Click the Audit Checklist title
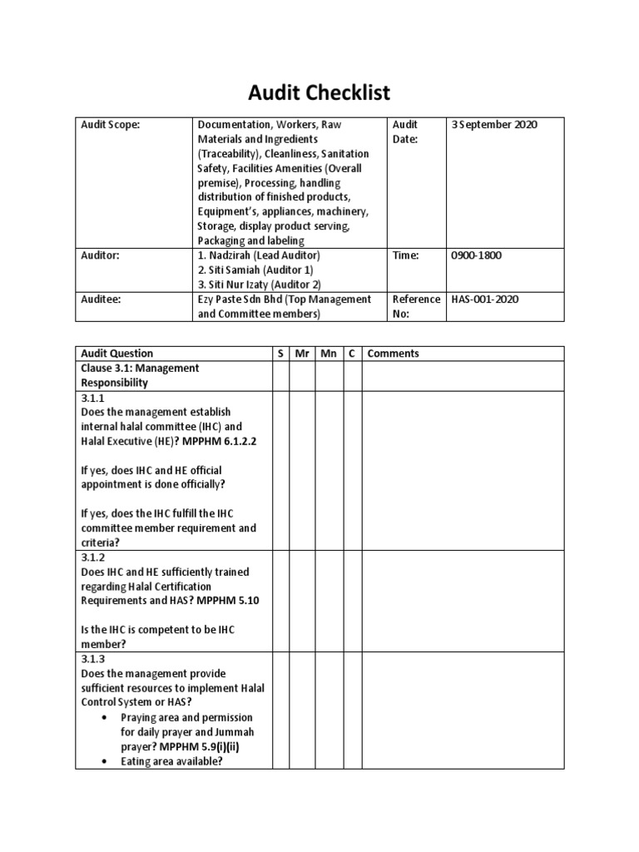pyautogui.click(x=319, y=92)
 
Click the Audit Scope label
pyautogui.click(x=111, y=125)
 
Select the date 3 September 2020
pyautogui.click(x=494, y=125)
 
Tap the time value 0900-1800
pyautogui.click(x=477, y=255)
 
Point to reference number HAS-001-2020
pyautogui.click(x=484, y=300)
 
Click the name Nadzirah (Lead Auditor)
pyautogui.click(x=258, y=255)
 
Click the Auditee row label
pyautogui.click(x=102, y=300)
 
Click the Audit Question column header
pyautogui.click(x=117, y=354)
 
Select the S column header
pyautogui.click(x=280, y=354)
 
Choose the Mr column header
pyautogui.click(x=301, y=354)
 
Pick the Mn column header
pyautogui.click(x=328, y=354)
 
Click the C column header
pyautogui.click(x=352, y=354)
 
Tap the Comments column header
pyautogui.click(x=394, y=354)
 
